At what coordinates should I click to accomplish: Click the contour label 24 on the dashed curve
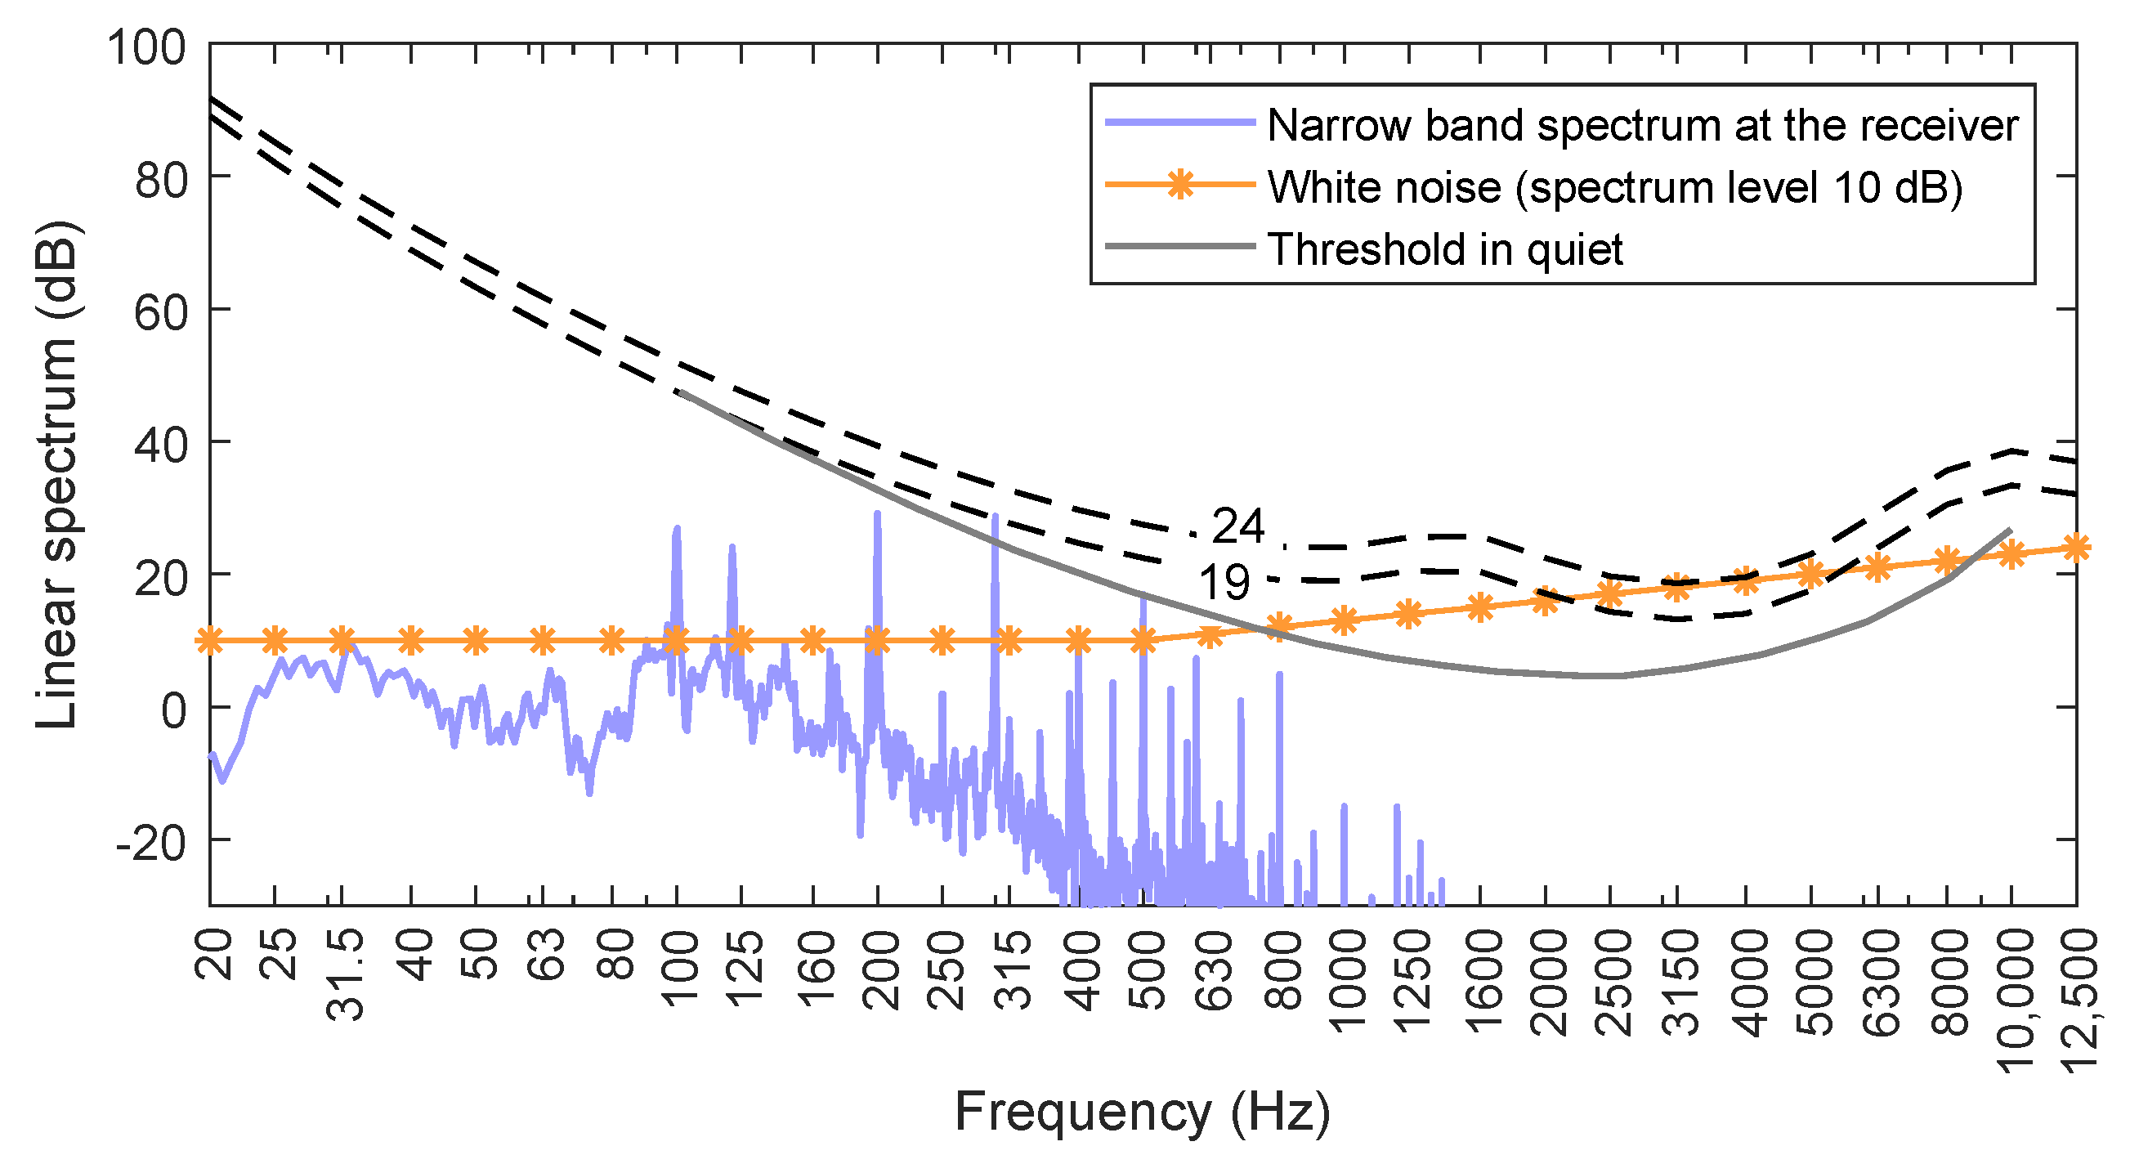coord(1237,526)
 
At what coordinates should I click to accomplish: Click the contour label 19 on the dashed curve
coord(1224,583)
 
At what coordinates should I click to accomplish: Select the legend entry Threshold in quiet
coord(1444,248)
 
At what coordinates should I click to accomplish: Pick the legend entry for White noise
coord(1614,187)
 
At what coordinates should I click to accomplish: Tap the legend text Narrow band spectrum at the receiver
coord(1642,125)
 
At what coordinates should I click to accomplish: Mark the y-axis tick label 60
coord(160,312)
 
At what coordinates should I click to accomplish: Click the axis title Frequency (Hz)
coord(1143,1111)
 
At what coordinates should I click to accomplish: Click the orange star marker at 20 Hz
coord(210,641)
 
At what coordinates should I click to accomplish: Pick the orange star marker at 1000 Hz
coord(1345,620)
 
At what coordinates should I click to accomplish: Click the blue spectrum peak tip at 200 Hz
coord(877,513)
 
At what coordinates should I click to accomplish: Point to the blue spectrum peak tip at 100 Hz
coord(678,527)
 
